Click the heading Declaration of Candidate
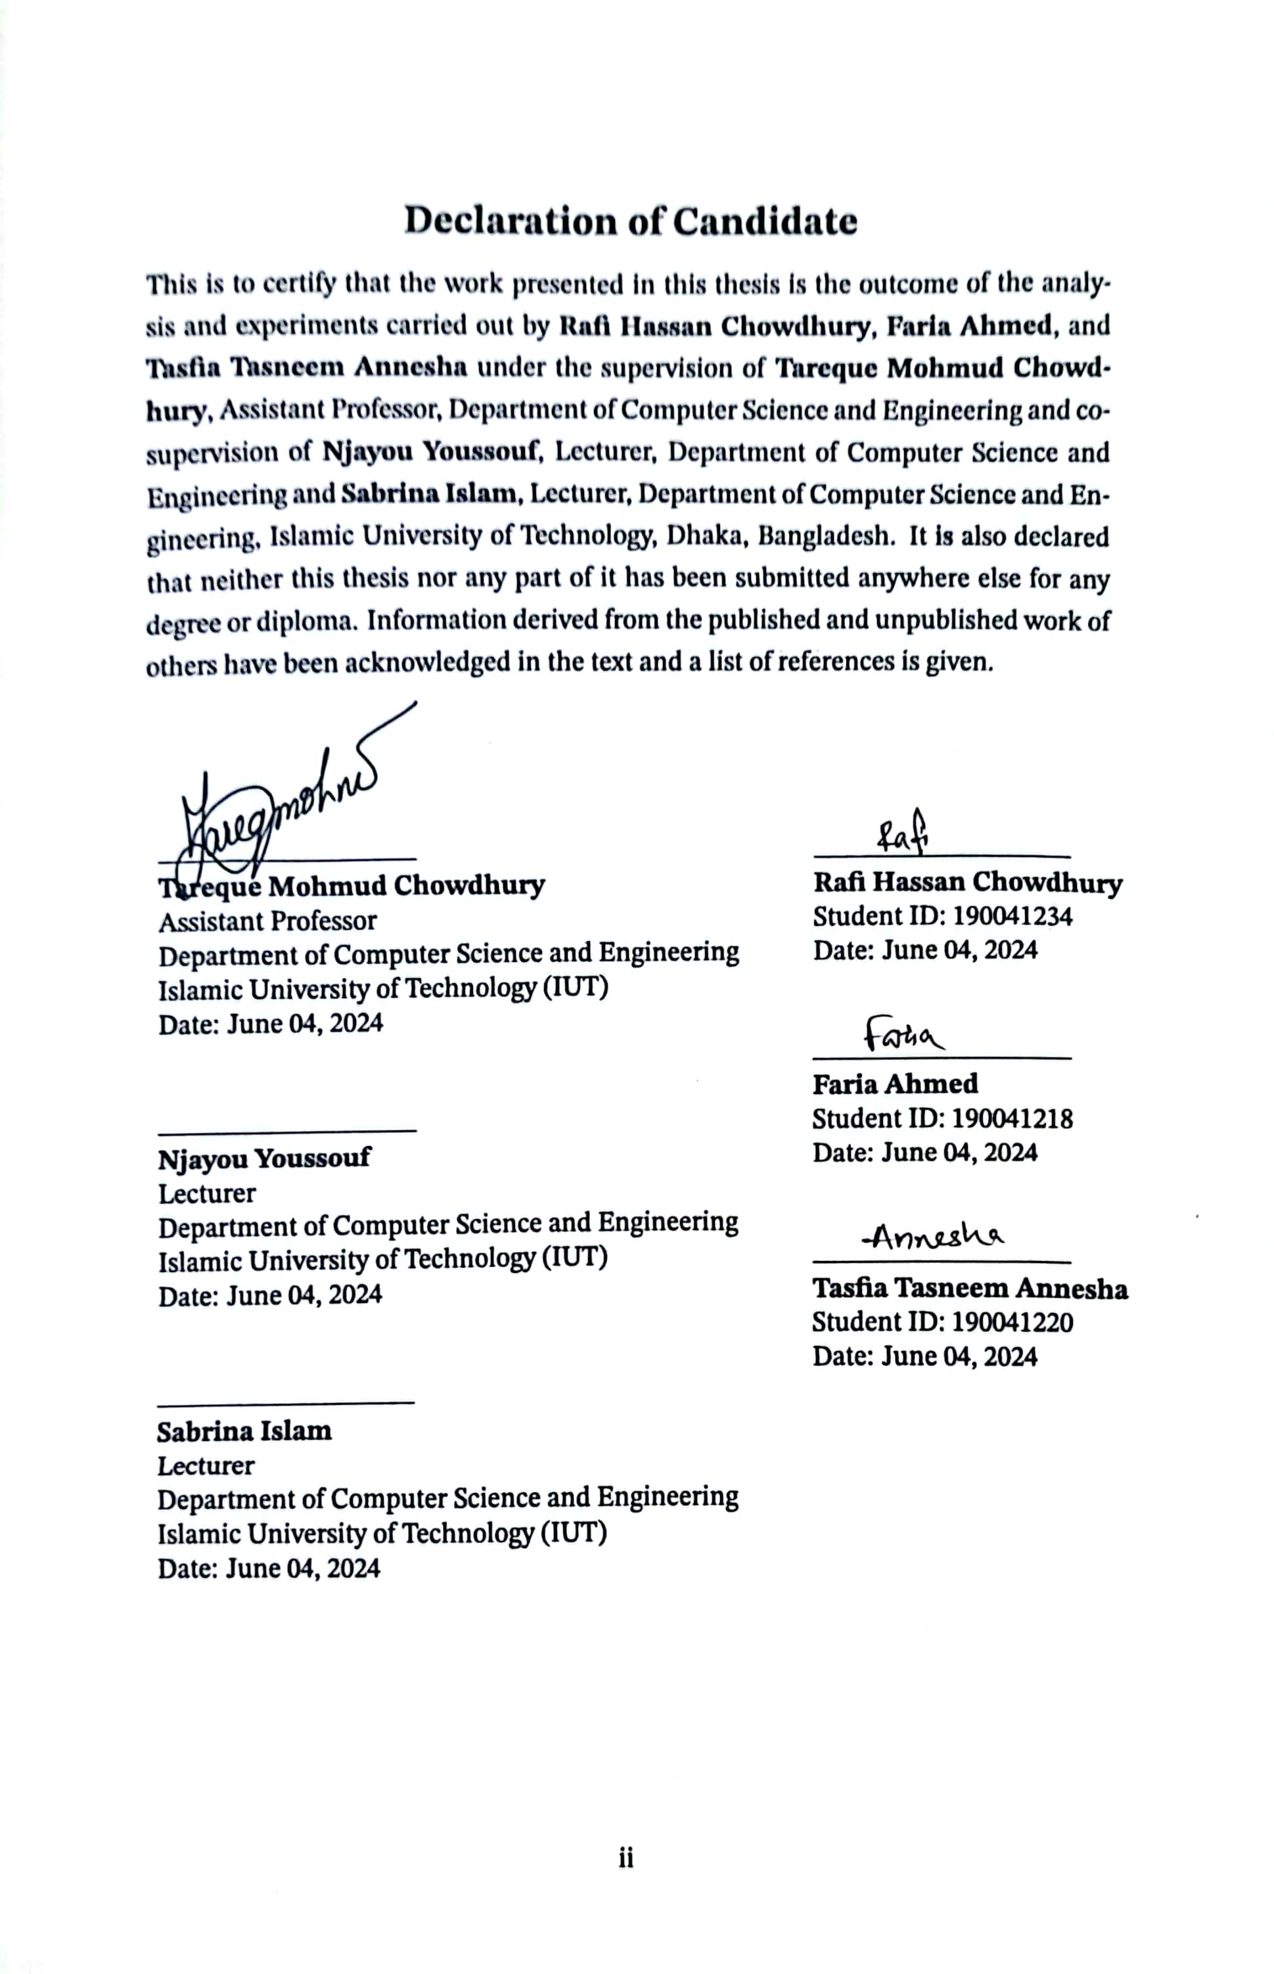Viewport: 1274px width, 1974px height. click(x=630, y=221)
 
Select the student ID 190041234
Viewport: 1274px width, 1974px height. click(x=1012, y=916)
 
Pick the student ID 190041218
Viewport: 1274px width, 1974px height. click(x=1012, y=1118)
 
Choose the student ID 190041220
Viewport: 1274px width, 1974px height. click(x=1012, y=1321)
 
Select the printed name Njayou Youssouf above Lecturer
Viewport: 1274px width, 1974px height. click(x=264, y=1159)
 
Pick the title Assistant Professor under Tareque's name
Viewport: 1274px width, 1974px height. click(x=267, y=921)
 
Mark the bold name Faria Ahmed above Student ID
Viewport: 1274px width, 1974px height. click(x=894, y=1083)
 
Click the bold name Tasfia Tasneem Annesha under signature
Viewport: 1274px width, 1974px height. click(x=970, y=1288)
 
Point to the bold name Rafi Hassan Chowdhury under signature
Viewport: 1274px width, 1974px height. click(x=967, y=882)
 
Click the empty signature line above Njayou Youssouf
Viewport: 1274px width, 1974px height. click(x=286, y=1130)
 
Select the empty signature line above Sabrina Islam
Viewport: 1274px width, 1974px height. click(x=285, y=1402)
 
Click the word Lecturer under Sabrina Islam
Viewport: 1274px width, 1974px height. click(x=206, y=1466)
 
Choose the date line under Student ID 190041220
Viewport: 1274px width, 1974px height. click(x=924, y=1356)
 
